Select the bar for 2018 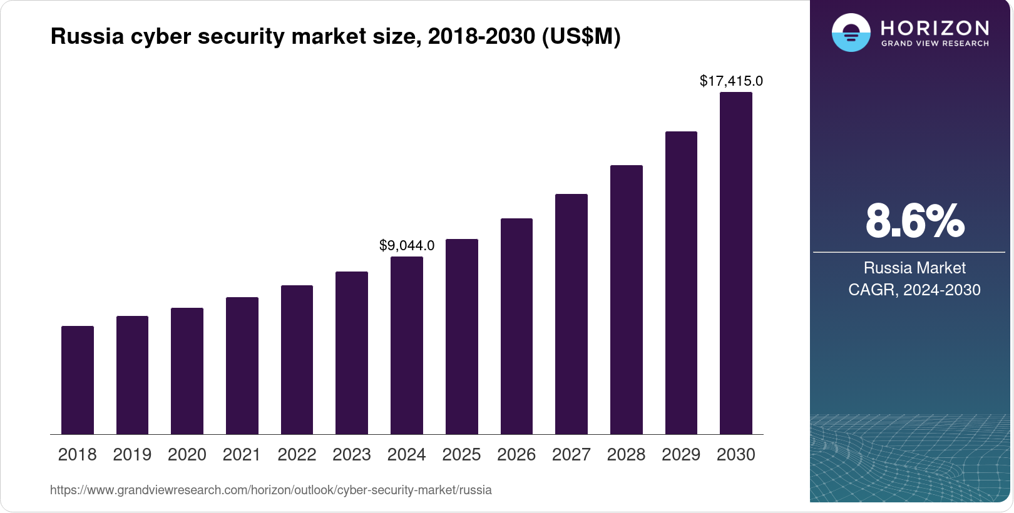(78, 380)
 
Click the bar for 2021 (242, 365)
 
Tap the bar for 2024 (407, 345)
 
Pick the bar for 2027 (571, 314)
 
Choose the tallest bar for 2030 (735, 263)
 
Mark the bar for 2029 (681, 283)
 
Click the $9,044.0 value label (407, 245)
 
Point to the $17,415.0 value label (731, 81)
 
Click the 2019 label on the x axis (132, 455)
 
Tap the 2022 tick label (297, 455)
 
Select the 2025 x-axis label (461, 455)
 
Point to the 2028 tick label (626, 455)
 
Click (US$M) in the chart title (581, 36)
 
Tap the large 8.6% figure (914, 221)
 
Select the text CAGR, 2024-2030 (914, 290)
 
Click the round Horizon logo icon (851, 33)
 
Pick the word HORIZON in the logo (935, 28)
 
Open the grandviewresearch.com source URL (270, 490)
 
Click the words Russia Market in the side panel (914, 268)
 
